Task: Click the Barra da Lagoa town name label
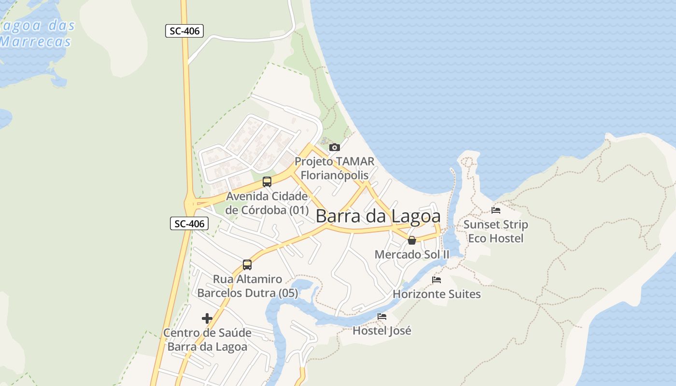(378, 216)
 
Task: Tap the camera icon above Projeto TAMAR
(334, 147)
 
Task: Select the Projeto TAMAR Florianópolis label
(334, 168)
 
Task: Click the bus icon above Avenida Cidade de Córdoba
(267, 182)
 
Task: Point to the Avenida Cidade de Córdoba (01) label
(267, 203)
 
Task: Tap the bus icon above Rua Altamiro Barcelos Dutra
(247, 265)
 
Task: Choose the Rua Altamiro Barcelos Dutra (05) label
(247, 286)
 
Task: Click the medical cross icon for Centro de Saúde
(207, 318)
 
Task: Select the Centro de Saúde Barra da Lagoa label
(207, 340)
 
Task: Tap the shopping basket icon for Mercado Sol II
(412, 240)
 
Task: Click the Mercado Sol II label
(412, 254)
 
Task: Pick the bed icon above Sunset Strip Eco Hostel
(496, 210)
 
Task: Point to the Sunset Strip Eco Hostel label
(496, 231)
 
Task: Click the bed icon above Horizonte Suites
(437, 280)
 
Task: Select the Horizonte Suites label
(437, 294)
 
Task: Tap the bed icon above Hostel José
(382, 317)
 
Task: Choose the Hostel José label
(382, 331)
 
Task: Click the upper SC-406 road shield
(184, 31)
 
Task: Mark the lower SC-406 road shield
(189, 223)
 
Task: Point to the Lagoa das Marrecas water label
(36, 33)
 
